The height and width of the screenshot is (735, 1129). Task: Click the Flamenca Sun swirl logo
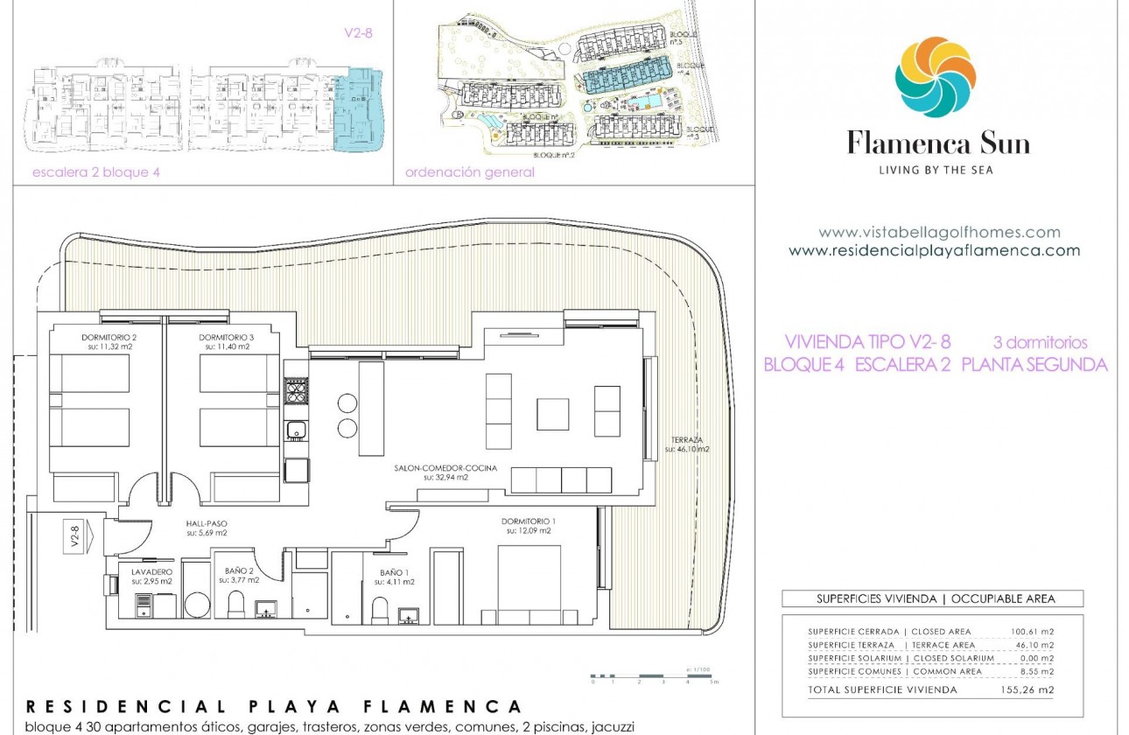pyautogui.click(x=935, y=77)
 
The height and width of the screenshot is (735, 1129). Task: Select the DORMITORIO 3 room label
pyautogui.click(x=226, y=338)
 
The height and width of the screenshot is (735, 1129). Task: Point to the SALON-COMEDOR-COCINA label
pyautogui.click(x=446, y=469)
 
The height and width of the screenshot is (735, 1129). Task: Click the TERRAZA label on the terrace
pyautogui.click(x=686, y=441)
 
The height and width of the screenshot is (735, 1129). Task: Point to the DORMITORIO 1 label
pyautogui.click(x=528, y=521)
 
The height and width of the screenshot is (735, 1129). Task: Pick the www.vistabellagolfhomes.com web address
pyautogui.click(x=939, y=233)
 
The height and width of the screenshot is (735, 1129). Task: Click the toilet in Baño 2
pyautogui.click(x=236, y=604)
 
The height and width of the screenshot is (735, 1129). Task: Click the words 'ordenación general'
pyautogui.click(x=469, y=172)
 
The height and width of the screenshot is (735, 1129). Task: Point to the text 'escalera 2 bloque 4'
pyautogui.click(x=96, y=172)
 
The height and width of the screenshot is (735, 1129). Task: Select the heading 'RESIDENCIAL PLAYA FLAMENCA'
pyautogui.click(x=274, y=706)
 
